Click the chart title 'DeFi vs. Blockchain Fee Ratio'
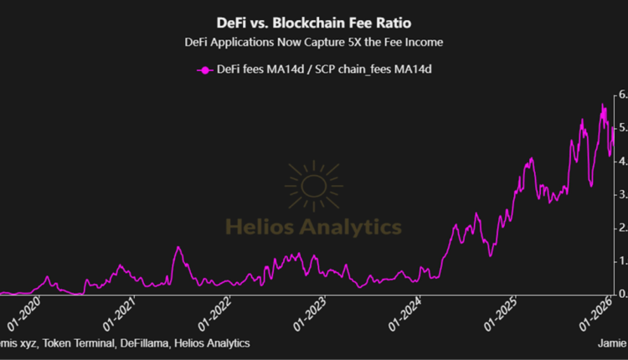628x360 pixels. pos(313,22)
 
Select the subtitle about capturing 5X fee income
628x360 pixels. pos(313,41)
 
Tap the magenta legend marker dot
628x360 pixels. pos(202,69)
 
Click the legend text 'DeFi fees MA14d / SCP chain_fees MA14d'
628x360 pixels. pos(323,69)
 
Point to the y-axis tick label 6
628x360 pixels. pos(622,95)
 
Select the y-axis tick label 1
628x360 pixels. pos(622,261)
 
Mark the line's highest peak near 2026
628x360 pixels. pos(602,105)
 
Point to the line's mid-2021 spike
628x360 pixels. pos(178,224)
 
